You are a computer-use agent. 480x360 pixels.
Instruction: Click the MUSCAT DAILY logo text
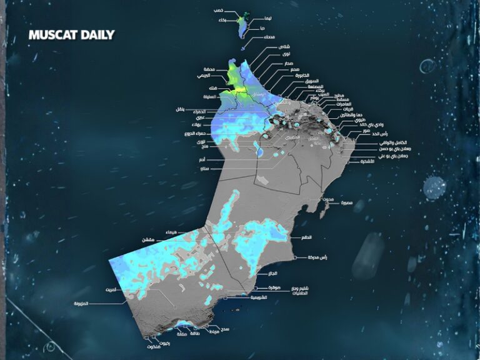tap(71, 35)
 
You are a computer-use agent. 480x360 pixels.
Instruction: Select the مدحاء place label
tap(269, 37)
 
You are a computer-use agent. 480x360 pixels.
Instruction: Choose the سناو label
tap(202, 168)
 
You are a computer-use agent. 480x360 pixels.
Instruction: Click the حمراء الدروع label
tap(195, 134)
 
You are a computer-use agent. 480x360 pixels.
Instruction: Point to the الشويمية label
tap(258, 297)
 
